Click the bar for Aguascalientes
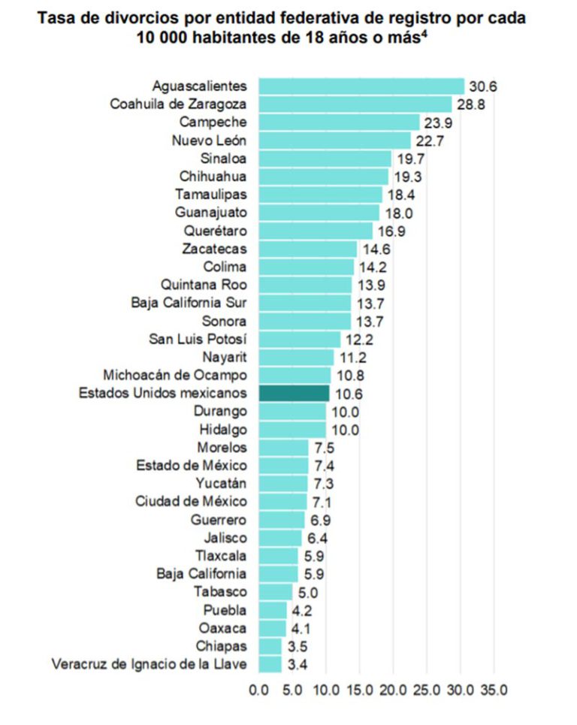tap(361, 86)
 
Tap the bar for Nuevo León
tap(334, 140)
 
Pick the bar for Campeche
tap(339, 122)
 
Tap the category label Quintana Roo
tap(204, 285)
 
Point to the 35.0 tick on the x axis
tap(494, 689)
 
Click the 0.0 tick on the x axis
tap(258, 689)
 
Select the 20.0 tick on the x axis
tap(393, 689)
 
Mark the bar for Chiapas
tap(270, 646)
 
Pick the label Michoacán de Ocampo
tap(177, 375)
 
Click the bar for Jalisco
tap(280, 537)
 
